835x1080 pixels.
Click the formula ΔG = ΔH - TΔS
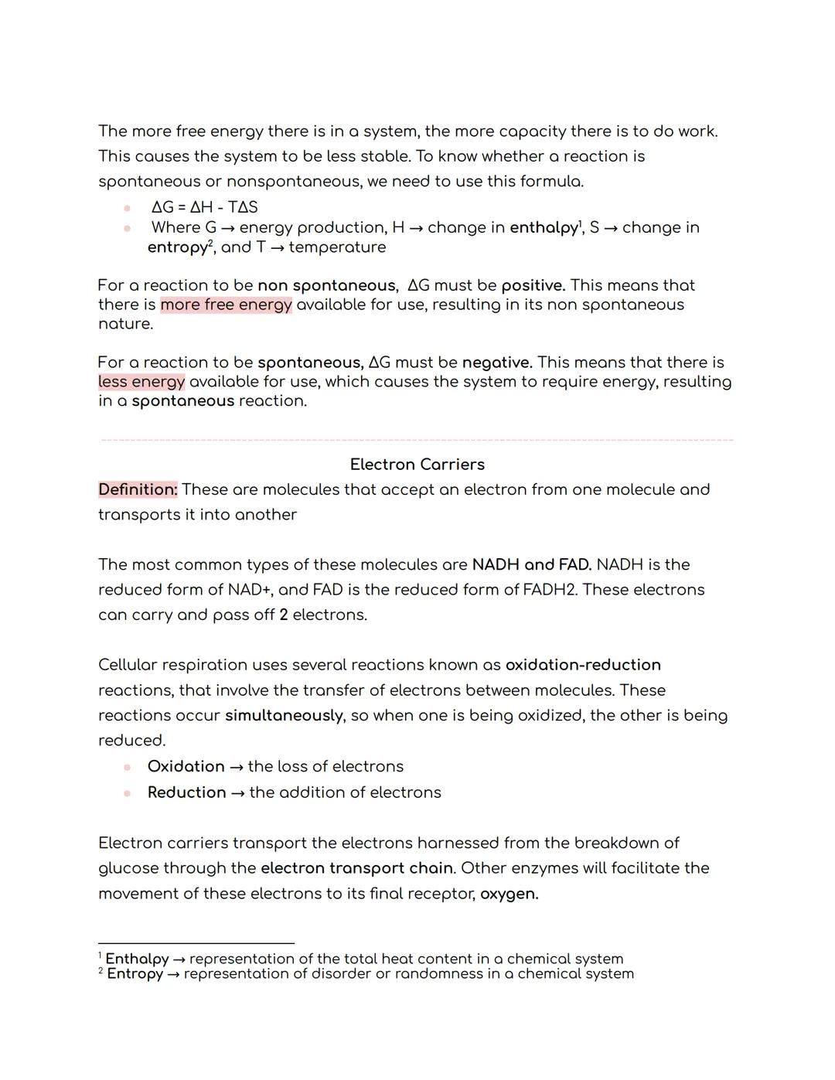pyautogui.click(x=204, y=207)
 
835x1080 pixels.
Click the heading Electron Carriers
pyautogui.click(x=417, y=465)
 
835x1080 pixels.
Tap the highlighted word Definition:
pyautogui.click(x=138, y=490)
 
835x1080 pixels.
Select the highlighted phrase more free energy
pyautogui.click(x=226, y=305)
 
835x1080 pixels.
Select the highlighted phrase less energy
pyautogui.click(x=141, y=382)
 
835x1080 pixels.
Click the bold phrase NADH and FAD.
pyautogui.click(x=531, y=565)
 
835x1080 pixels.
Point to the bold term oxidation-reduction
pyautogui.click(x=583, y=666)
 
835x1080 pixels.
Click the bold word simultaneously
pyautogui.click(x=284, y=716)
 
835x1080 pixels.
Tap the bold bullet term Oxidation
pyautogui.click(x=186, y=767)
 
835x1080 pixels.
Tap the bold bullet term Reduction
pyautogui.click(x=186, y=793)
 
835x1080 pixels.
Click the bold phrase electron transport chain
pyautogui.click(x=356, y=868)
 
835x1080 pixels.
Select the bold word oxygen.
pyautogui.click(x=509, y=894)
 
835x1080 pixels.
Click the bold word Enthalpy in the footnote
pyautogui.click(x=137, y=959)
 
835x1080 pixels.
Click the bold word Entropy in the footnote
pyautogui.click(x=135, y=974)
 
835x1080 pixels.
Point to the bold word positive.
pyautogui.click(x=533, y=285)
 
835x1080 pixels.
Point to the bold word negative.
pyautogui.click(x=496, y=363)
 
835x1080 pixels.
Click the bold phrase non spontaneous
pyautogui.click(x=325, y=285)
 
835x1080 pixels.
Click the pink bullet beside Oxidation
pyautogui.click(x=127, y=767)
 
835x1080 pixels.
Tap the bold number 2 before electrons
pyautogui.click(x=284, y=615)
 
